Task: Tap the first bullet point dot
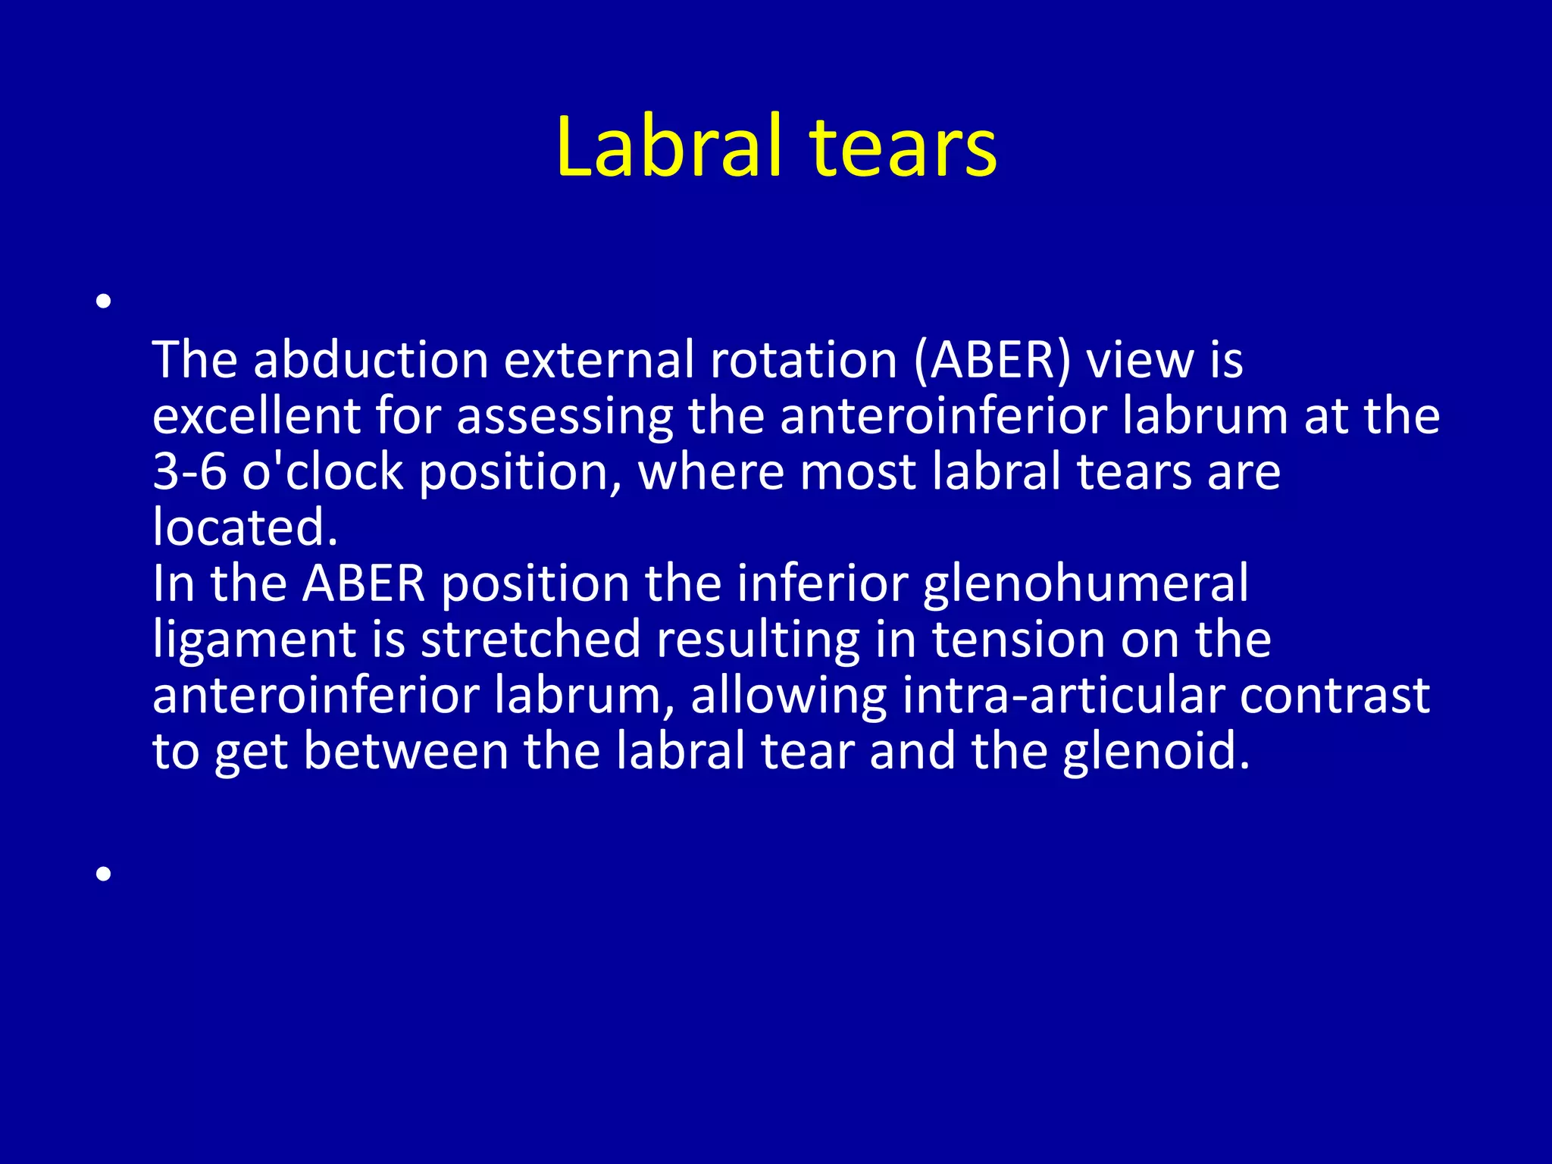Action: (105, 302)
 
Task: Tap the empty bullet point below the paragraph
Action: (105, 874)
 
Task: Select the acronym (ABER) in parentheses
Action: (993, 360)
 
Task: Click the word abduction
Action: (371, 360)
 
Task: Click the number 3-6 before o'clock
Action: (189, 472)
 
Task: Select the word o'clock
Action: (323, 472)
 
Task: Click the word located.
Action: (244, 527)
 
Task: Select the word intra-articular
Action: (1062, 696)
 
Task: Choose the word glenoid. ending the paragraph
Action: (1156, 751)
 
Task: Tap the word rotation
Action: (803, 360)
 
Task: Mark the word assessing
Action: (565, 418)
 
